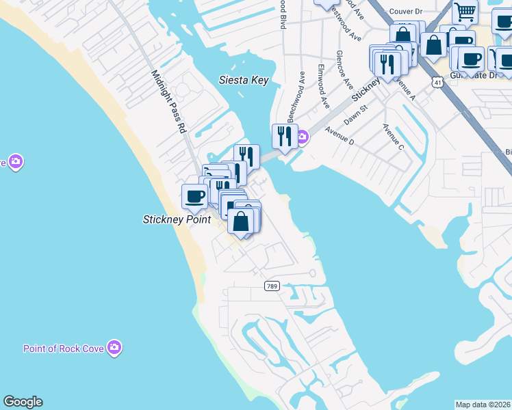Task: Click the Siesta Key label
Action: point(243,80)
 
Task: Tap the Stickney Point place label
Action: point(177,219)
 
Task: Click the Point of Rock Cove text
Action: point(64,348)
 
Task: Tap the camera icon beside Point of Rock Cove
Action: point(115,348)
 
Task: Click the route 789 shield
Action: point(272,285)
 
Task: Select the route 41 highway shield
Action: point(437,81)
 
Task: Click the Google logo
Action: point(23,402)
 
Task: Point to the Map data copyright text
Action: point(483,405)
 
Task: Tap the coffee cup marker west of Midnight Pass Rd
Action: point(194,197)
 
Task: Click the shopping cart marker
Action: point(465,12)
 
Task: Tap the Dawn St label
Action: point(356,113)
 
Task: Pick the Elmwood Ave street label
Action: point(324,86)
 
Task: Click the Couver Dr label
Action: point(407,11)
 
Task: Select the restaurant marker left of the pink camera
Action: point(284,136)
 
